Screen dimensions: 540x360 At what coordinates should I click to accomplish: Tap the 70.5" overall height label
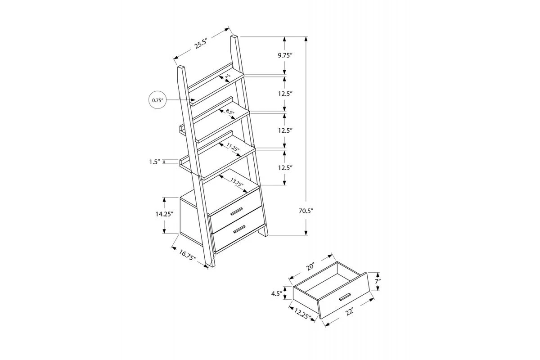306,211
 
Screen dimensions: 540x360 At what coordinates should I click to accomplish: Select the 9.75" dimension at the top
285,55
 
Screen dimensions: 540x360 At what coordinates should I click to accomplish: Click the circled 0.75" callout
157,100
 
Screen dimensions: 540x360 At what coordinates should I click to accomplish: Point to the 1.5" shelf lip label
155,162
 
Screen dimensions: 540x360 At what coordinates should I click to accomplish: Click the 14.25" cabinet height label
164,214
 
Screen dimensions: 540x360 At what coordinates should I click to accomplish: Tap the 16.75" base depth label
188,255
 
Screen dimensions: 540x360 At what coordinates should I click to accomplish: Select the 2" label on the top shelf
228,76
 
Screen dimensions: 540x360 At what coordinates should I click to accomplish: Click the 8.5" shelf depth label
230,112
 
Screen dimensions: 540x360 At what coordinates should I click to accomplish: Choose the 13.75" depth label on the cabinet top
237,182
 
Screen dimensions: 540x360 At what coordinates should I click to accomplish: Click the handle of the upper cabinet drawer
237,211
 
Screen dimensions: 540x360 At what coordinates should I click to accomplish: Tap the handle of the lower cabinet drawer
239,229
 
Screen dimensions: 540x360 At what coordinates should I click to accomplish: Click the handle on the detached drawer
345,297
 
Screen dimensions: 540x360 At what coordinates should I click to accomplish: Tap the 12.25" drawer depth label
302,314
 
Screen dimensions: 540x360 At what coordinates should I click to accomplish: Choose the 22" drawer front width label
350,311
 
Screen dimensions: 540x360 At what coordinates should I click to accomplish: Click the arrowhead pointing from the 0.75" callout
193,99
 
